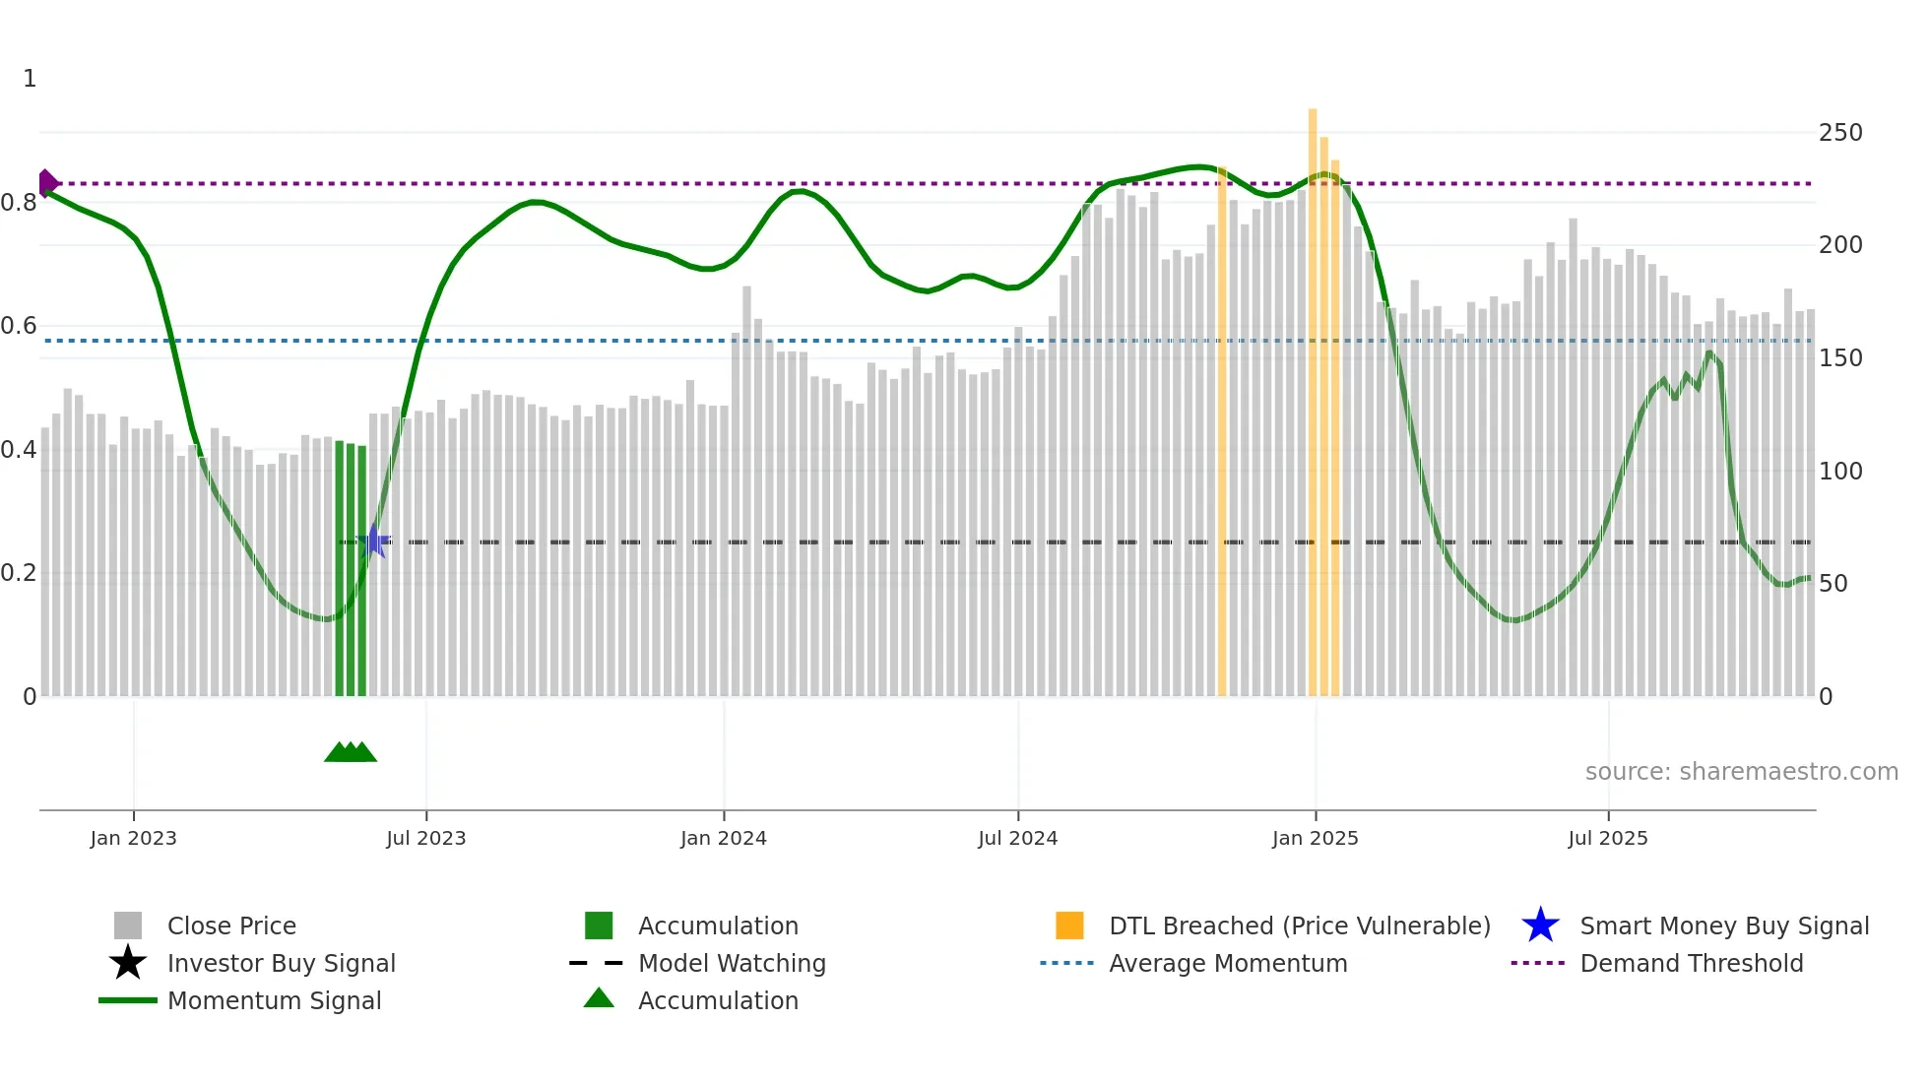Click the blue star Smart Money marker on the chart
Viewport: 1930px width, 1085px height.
(373, 542)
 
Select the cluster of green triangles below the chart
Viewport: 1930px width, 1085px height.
(351, 752)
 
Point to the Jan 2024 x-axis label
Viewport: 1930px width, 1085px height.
(723, 838)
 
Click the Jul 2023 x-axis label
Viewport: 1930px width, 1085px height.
(425, 838)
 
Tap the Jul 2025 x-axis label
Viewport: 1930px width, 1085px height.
(1607, 838)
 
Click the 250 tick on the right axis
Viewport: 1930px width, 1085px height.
(1839, 133)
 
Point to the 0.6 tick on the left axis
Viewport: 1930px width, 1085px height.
(19, 326)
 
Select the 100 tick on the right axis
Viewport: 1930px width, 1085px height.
(1839, 472)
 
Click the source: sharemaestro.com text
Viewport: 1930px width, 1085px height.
(1741, 772)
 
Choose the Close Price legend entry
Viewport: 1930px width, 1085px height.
(231, 925)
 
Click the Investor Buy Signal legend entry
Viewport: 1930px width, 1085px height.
(281, 963)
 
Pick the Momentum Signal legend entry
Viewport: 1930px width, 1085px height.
(274, 1000)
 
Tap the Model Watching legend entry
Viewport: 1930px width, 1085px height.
(732, 963)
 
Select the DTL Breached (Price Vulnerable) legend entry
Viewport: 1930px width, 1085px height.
(1299, 925)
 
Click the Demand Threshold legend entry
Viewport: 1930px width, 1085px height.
(1691, 963)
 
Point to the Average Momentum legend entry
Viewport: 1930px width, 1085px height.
(1227, 963)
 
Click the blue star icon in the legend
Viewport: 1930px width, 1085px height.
(1540, 925)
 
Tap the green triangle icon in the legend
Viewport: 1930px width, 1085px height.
(599, 998)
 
